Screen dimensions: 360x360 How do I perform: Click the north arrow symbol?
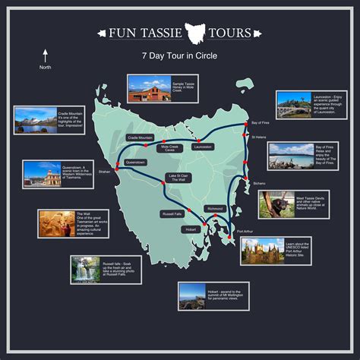[x=45, y=55]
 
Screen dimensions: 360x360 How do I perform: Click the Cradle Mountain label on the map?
[x=141, y=137]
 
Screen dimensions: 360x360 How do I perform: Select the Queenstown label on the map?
[x=134, y=162]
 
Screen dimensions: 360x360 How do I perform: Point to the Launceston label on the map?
[x=203, y=147]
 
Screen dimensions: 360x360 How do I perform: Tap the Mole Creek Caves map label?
[x=169, y=148]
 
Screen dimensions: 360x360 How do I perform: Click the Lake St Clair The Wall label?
[x=177, y=178]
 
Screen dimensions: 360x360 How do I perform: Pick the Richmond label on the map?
[x=215, y=207]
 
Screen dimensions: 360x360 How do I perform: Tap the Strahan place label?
[x=105, y=172]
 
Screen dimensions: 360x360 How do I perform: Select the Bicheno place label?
[x=259, y=183]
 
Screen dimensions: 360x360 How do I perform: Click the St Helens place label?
[x=258, y=137]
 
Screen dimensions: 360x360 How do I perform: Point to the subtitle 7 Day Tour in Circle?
[x=180, y=56]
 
